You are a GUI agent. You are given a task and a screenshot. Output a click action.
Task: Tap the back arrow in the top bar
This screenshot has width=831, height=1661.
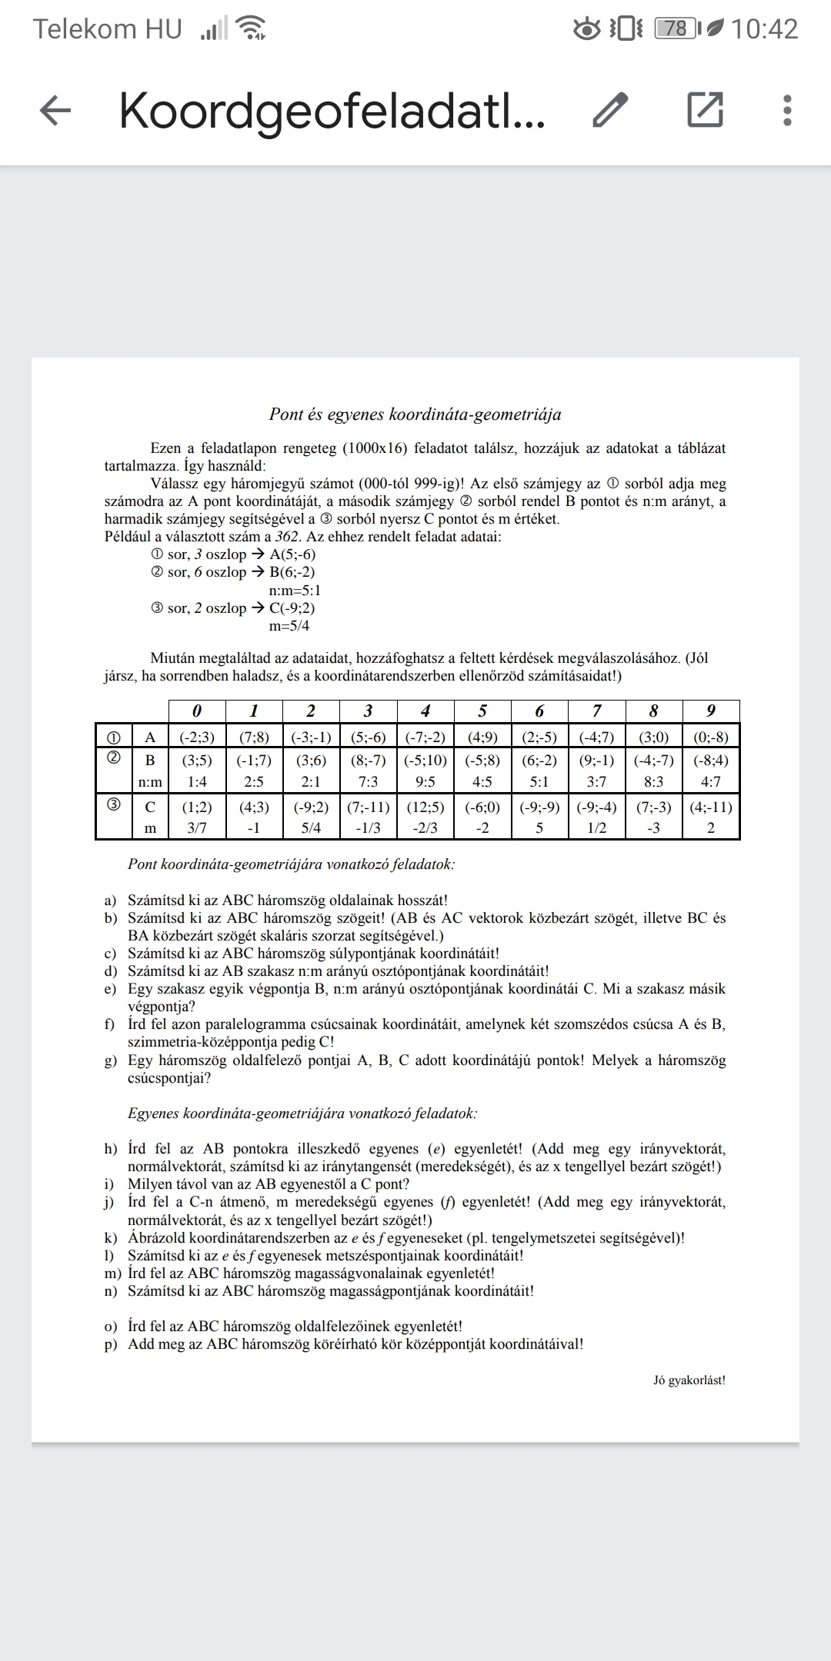55,111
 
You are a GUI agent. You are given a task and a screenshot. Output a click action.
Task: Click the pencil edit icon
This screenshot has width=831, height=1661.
611,110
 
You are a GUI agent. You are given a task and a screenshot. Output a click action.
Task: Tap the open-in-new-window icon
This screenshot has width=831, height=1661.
705,110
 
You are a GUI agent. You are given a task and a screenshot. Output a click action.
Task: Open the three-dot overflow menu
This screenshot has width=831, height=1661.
786,110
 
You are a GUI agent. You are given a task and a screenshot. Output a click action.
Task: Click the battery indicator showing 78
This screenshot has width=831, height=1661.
676,29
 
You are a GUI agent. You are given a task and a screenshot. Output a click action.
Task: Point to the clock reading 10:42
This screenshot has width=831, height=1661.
764,29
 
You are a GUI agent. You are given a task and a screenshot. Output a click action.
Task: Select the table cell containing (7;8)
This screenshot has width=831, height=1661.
254,737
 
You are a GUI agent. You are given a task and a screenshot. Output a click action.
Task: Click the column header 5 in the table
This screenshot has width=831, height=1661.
482,711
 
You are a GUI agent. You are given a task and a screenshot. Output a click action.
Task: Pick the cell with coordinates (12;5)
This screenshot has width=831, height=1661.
426,807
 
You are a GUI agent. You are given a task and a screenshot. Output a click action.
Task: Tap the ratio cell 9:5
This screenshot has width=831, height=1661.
426,782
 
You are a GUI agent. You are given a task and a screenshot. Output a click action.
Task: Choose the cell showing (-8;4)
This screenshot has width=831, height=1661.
710,760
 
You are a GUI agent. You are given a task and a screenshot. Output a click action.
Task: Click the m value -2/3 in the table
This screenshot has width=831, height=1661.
426,828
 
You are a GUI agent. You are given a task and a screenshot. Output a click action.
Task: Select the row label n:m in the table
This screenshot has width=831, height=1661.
150,782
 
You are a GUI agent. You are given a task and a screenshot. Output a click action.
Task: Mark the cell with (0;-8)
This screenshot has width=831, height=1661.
710,737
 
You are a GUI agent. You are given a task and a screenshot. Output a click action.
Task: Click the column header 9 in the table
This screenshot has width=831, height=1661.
710,711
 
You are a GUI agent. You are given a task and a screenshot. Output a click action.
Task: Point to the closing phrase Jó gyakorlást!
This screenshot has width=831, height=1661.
689,1380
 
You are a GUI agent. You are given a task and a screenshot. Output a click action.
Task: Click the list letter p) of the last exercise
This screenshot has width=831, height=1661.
112,1344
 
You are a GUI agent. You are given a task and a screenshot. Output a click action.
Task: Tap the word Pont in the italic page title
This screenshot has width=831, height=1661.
285,414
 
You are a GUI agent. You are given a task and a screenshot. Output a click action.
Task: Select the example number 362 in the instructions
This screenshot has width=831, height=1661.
287,537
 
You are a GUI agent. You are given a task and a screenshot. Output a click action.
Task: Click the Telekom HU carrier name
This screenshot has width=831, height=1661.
108,29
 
